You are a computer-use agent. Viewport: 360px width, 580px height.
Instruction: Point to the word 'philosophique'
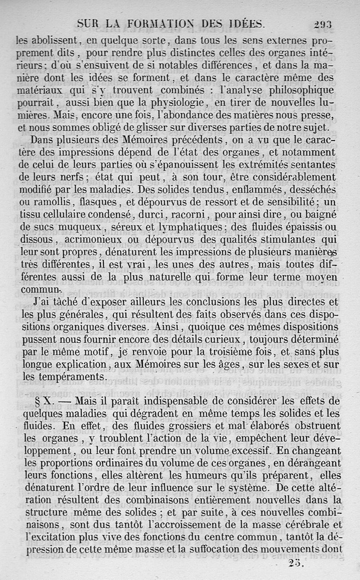click(302, 90)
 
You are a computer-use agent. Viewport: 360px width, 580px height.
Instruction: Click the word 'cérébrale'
click(312, 524)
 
